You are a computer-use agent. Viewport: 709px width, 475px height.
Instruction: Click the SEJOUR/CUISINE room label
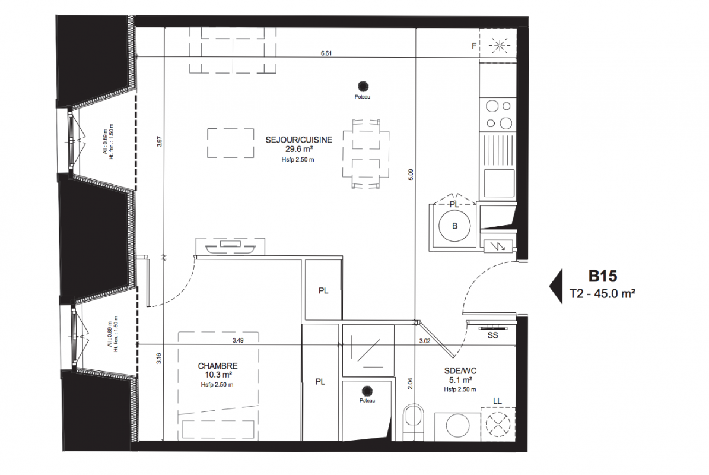point(298,140)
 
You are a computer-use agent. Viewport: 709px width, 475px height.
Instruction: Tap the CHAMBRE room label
point(218,366)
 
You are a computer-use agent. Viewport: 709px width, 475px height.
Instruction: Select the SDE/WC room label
point(460,371)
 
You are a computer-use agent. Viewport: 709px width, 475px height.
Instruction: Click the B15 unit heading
point(603,276)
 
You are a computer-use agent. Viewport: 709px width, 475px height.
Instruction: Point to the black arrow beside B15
point(556,286)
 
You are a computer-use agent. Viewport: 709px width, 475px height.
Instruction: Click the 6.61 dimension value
point(326,53)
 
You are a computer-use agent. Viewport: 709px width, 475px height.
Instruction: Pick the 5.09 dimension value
point(411,175)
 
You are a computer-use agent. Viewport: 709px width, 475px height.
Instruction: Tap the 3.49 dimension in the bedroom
point(238,341)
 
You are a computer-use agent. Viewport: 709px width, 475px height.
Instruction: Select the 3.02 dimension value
point(425,341)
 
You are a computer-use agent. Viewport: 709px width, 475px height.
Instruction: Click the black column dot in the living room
point(363,86)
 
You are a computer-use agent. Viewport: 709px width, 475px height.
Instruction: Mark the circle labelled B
point(454,226)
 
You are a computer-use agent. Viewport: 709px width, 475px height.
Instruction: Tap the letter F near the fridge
point(474,46)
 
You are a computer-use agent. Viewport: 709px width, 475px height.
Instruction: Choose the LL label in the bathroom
point(497,401)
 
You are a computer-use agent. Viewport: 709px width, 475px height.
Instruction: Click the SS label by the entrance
point(492,335)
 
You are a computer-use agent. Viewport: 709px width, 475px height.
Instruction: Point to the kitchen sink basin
point(499,183)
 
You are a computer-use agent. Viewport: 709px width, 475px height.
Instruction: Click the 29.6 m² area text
point(300,149)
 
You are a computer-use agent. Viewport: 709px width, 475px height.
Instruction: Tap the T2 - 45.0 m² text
point(602,293)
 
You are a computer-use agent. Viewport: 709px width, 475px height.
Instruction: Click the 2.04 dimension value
point(410,384)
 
